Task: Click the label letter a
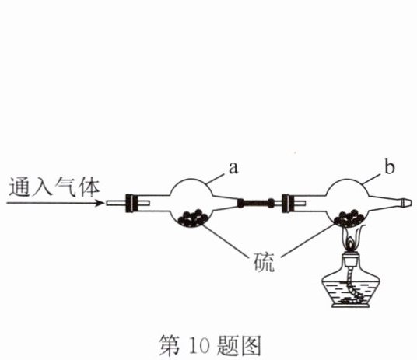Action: (233, 168)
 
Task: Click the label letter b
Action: (389, 166)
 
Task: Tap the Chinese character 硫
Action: (263, 262)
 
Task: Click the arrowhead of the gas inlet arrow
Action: (100, 203)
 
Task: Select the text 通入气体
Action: (54, 187)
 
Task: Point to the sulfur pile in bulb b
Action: (349, 218)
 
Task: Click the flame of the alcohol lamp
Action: (351, 239)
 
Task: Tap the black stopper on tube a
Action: (132, 204)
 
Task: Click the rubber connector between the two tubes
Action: (255, 204)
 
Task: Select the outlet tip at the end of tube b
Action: (407, 203)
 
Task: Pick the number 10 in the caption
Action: (199, 346)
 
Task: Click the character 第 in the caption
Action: (170, 345)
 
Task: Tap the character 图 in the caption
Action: (250, 345)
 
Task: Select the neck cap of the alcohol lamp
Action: (351, 257)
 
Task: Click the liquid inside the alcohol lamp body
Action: (351, 292)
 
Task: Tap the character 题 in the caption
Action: (227, 345)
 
